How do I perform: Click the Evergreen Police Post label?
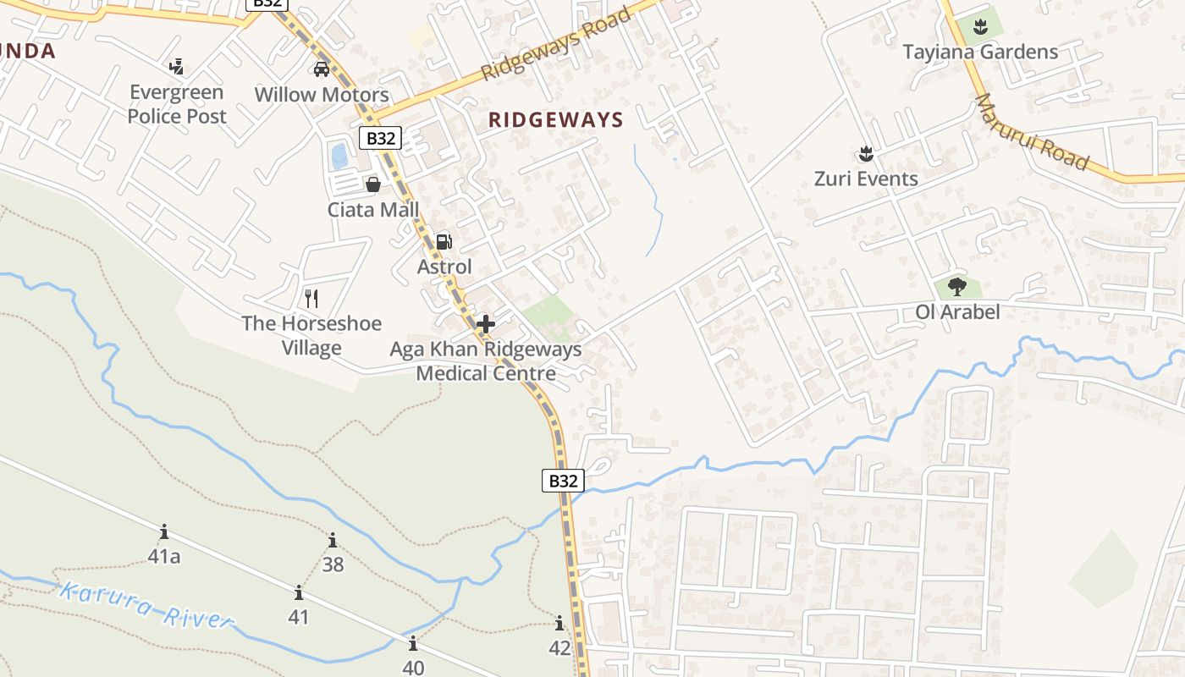[177, 104]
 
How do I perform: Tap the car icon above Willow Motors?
[322, 69]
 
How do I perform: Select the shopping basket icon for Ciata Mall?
[372, 184]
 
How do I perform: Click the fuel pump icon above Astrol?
[444, 242]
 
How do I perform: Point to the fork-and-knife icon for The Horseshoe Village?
[311, 298]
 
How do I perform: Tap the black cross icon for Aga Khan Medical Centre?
[485, 323]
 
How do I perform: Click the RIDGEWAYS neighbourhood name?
[555, 120]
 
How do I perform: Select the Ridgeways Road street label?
[557, 43]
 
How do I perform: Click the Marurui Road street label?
[1031, 131]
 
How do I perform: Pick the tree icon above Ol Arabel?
[957, 286]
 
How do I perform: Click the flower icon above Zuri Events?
[865, 153]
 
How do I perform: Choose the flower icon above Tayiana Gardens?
[980, 26]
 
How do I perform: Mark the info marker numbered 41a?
[164, 532]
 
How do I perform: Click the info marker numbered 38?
[333, 540]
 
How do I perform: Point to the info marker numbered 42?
[559, 625]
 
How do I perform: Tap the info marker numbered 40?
[412, 643]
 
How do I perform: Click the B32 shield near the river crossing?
[563, 481]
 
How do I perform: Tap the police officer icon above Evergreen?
[177, 66]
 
